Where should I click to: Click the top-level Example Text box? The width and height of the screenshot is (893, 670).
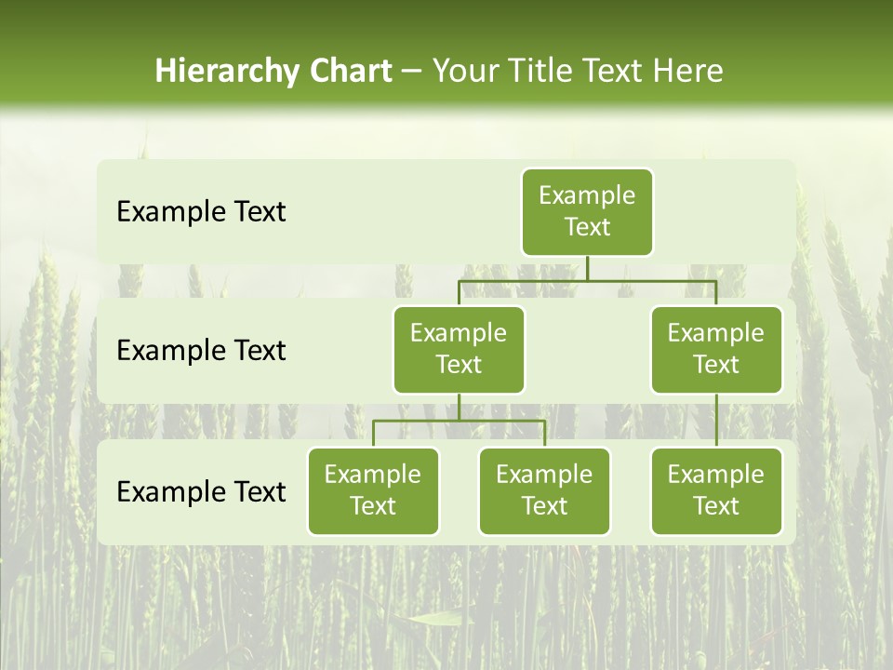(587, 211)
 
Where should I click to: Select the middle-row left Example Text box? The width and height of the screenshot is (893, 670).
(459, 349)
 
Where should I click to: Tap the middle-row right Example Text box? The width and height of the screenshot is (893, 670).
(716, 349)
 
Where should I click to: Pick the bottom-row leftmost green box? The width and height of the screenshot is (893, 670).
(373, 490)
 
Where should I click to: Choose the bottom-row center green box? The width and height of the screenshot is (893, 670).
(544, 490)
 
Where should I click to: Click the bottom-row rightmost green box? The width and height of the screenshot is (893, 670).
(716, 490)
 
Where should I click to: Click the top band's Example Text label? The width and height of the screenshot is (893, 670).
(201, 212)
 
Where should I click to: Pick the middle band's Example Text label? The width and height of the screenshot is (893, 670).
(201, 351)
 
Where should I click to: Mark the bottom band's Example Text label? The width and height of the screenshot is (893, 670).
(201, 491)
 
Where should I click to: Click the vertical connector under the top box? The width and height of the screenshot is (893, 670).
(587, 268)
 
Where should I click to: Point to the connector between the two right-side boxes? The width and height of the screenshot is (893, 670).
(716, 421)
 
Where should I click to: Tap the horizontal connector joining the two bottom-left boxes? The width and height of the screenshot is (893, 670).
(459, 421)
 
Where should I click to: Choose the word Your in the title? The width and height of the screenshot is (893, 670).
(464, 72)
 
